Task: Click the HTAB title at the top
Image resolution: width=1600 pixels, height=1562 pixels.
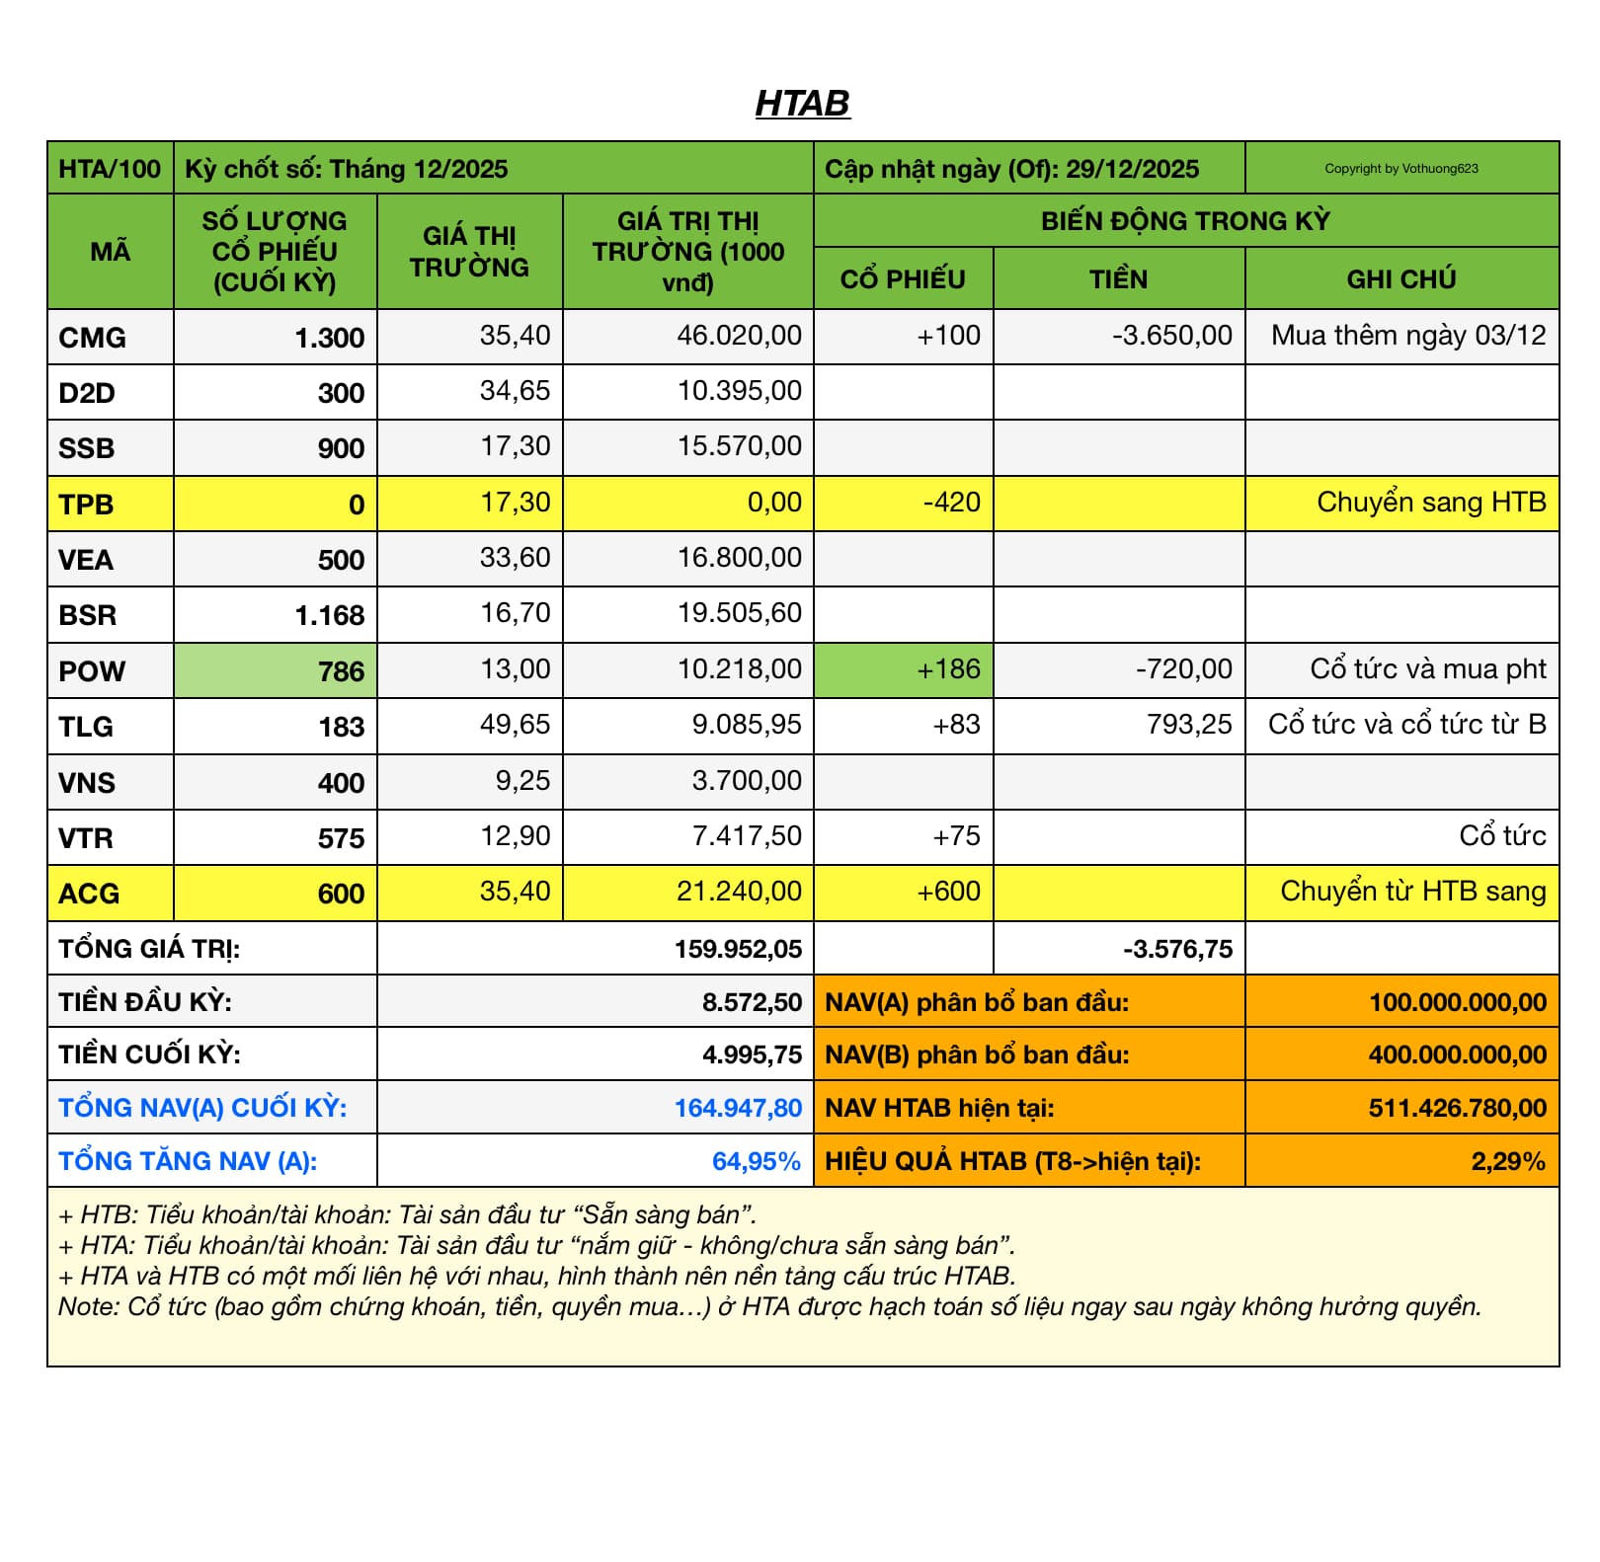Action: tap(802, 104)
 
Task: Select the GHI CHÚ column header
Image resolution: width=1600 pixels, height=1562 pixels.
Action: tap(1400, 279)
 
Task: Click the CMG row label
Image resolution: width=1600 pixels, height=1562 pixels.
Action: tap(92, 338)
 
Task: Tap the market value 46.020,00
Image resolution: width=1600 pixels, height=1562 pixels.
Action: tap(739, 336)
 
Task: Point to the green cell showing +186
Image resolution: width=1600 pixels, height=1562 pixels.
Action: tap(948, 669)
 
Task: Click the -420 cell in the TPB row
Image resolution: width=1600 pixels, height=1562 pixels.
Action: tap(951, 503)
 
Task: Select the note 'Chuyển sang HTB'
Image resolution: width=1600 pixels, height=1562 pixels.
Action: tap(1430, 503)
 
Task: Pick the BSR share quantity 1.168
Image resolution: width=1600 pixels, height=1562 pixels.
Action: tap(330, 616)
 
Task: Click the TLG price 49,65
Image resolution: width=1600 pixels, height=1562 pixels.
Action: tap(515, 725)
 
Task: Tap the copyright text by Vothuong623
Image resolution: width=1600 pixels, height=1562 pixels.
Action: tap(1400, 169)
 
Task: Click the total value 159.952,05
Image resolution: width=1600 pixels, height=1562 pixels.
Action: tap(738, 949)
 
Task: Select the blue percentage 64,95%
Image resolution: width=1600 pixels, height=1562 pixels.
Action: tap(756, 1161)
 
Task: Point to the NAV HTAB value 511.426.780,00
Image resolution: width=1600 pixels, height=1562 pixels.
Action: tap(1457, 1108)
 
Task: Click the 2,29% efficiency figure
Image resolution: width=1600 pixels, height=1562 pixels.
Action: tap(1507, 1161)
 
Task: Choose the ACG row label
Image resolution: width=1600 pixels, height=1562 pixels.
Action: tap(89, 894)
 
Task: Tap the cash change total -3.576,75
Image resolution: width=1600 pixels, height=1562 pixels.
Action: tap(1177, 949)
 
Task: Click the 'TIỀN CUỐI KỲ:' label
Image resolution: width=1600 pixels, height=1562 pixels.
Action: tap(149, 1054)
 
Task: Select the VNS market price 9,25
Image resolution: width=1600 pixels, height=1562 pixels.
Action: tap(522, 781)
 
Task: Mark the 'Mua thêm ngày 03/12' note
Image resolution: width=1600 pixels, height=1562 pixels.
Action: tap(1407, 336)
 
